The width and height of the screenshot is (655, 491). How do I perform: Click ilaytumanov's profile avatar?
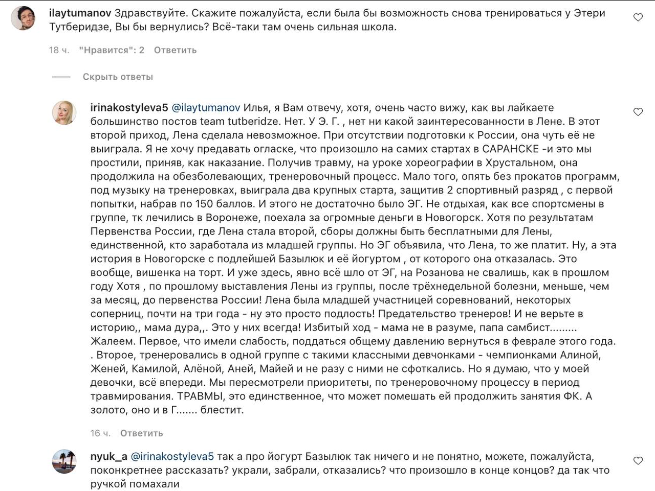(23, 18)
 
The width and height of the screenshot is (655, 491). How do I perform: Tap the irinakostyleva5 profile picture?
(64, 112)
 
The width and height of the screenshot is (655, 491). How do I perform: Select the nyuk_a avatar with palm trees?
(64, 461)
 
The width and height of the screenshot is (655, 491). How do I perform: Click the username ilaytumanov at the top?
(80, 13)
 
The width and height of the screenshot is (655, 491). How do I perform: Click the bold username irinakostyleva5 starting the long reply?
(129, 108)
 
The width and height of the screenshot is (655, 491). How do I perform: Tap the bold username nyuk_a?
(108, 456)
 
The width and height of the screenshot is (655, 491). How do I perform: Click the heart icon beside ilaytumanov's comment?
(638, 17)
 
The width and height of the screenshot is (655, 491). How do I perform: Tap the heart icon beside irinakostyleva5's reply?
(638, 112)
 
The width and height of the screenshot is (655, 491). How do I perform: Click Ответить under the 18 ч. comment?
(175, 50)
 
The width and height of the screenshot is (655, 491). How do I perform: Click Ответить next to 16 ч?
(141, 433)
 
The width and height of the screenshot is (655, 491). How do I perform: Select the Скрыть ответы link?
(118, 77)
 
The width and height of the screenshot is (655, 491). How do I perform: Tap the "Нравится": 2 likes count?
(112, 50)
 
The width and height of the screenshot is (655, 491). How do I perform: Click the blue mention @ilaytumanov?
(206, 108)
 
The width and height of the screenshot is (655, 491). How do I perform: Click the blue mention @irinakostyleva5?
(172, 456)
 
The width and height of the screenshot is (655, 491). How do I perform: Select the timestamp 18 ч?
(59, 50)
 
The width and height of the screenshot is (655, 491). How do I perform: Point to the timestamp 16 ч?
(100, 433)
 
